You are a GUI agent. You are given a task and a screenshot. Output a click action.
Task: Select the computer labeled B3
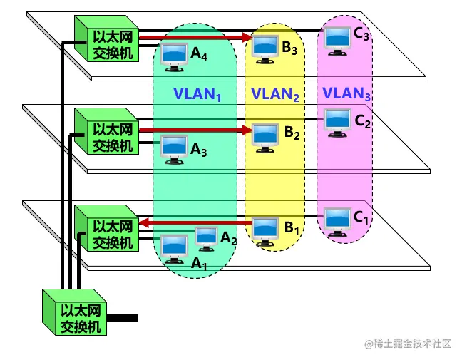tap(265, 47)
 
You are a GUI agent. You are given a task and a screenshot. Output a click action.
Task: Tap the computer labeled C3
tap(337, 38)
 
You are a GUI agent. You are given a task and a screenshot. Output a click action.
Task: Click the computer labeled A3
tap(173, 148)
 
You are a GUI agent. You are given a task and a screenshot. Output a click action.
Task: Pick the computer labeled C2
tap(337, 120)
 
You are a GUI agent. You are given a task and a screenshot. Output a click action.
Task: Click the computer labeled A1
tap(173, 247)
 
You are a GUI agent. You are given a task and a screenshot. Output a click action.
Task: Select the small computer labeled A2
tap(206, 237)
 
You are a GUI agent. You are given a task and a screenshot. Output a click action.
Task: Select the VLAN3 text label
tap(346, 93)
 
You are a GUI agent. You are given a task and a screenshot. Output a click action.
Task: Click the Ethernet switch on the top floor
tap(107, 39)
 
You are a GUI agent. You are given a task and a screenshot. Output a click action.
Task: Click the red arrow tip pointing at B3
tap(250, 37)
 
